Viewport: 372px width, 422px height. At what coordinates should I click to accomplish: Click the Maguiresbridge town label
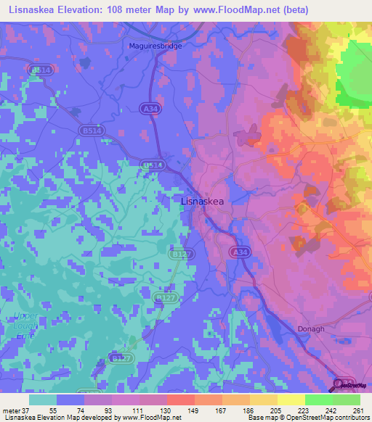155,45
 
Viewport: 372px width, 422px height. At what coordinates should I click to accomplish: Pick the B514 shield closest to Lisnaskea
151,165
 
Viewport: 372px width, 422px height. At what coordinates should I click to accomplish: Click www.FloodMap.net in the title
225,9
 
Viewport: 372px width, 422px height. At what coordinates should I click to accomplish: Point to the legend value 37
27,410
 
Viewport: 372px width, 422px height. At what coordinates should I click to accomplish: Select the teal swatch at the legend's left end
43,400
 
